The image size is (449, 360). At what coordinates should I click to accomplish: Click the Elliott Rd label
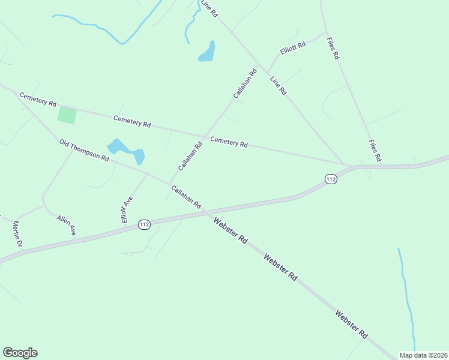pos(293,47)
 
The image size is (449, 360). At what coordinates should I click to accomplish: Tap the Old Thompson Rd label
pos(84,150)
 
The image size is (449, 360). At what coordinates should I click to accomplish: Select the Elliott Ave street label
pos(126,209)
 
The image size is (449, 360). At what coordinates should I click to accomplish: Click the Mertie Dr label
pos(17,234)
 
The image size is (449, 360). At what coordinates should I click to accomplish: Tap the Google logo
pos(20,353)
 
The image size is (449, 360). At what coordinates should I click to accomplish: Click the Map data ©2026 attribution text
pos(423,355)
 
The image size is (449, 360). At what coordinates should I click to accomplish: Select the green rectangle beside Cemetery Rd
pos(67,115)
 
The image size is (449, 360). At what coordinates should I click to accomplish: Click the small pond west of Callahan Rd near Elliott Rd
pos(207,53)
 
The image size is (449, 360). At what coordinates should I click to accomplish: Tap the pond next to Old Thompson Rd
pos(126,150)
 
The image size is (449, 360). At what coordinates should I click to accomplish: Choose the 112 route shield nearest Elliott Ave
pos(144,224)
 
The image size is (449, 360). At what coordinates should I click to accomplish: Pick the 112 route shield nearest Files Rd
pos(331,179)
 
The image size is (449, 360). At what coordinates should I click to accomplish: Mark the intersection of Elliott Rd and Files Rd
pos(327,32)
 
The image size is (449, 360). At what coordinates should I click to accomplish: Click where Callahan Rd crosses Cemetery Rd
pos(205,136)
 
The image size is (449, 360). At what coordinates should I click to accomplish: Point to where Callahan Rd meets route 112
pos(207,212)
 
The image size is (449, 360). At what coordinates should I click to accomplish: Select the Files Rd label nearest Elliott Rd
pos(333,48)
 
